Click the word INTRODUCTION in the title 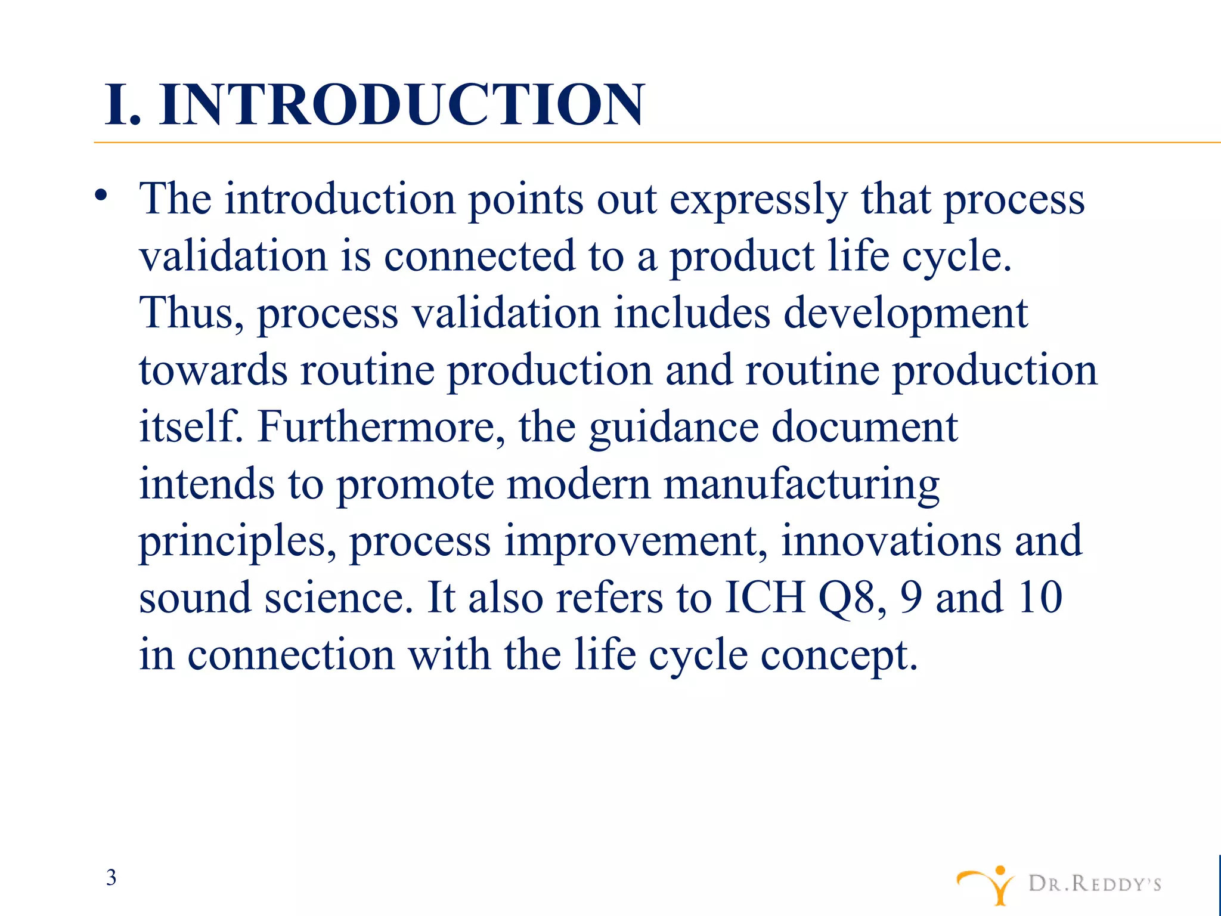(x=401, y=105)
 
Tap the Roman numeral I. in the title (x=123, y=105)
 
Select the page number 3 (x=111, y=878)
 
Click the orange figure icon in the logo (x=987, y=884)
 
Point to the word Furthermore (x=380, y=427)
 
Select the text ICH (x=765, y=597)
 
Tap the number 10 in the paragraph (x=1040, y=597)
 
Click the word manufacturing (x=801, y=485)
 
